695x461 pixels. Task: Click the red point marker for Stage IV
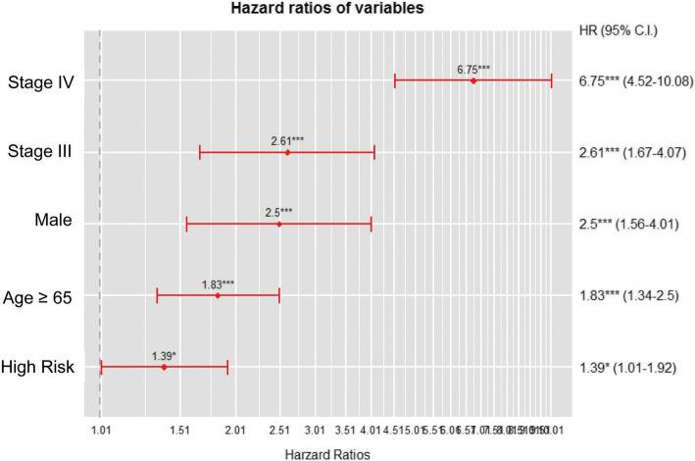coord(473,80)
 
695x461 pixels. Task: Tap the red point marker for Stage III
coord(287,152)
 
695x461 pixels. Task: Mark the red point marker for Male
coord(279,224)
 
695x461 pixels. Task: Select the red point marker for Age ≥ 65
coord(218,295)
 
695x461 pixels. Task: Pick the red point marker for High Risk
coord(164,367)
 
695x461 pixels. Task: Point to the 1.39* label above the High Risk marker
coord(164,354)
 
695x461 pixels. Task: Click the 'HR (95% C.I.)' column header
coord(619,29)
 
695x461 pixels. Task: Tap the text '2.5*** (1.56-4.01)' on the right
coord(633,224)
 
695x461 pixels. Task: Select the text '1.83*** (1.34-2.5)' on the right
coord(633,295)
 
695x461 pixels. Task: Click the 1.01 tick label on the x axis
coord(101,430)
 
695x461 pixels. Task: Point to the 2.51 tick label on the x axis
coord(279,430)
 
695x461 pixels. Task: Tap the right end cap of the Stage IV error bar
coord(552,80)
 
